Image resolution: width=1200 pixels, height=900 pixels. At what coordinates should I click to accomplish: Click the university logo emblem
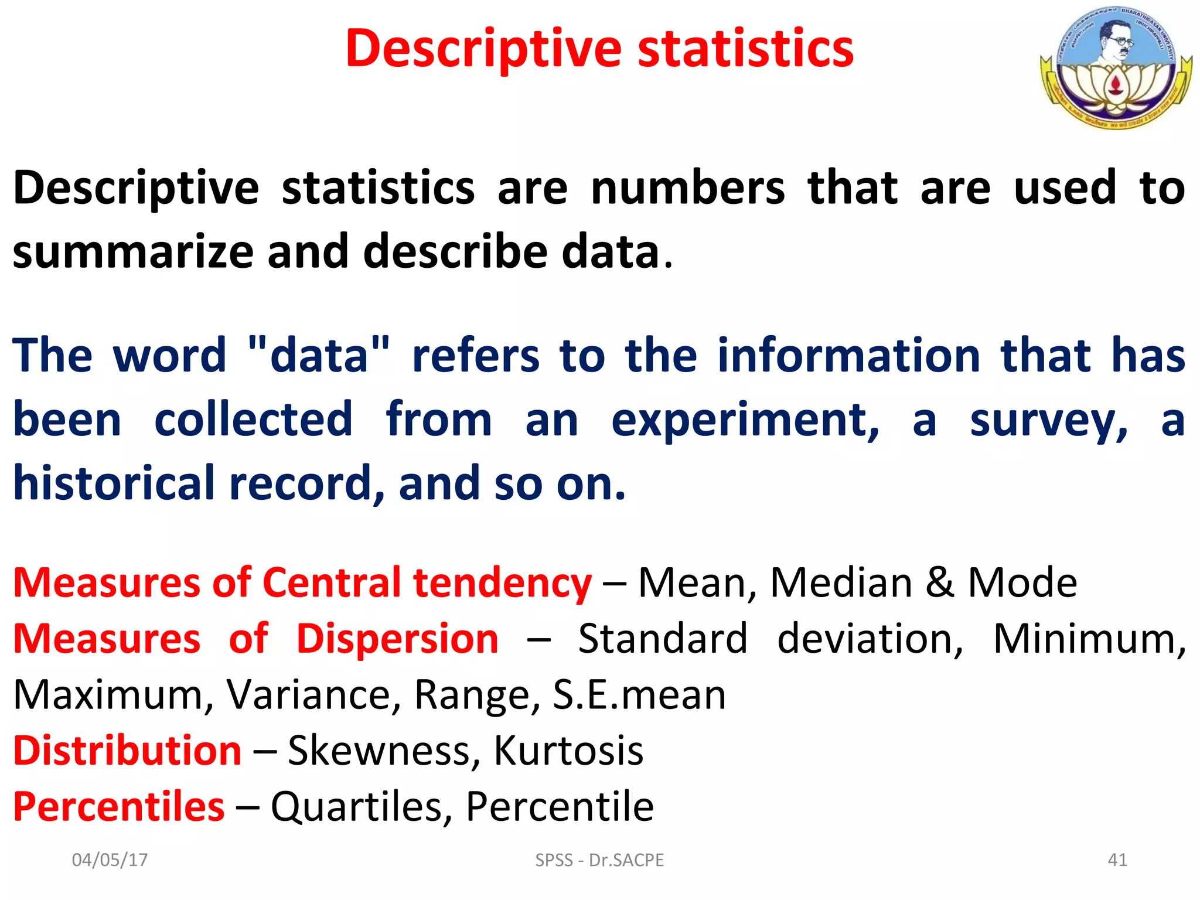[1116, 67]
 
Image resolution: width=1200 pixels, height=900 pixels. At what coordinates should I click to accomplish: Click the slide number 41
[1117, 860]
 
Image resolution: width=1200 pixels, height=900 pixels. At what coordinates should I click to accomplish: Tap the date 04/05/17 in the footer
[110, 860]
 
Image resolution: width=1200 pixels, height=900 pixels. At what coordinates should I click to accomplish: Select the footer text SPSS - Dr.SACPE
[599, 860]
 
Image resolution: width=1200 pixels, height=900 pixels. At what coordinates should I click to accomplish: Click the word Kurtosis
[568, 751]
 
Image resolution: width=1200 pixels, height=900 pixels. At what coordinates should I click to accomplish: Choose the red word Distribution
[127, 751]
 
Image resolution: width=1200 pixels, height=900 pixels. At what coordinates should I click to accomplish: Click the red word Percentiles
[119, 807]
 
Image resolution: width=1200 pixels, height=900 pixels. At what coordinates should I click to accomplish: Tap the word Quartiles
[357, 807]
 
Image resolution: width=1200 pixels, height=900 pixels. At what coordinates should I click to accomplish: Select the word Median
[841, 583]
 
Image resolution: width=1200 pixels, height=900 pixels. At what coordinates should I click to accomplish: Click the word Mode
[1022, 583]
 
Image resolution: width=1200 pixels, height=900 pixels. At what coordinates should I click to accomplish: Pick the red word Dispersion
[397, 639]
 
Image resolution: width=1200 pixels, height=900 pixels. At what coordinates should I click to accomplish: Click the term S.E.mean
[639, 695]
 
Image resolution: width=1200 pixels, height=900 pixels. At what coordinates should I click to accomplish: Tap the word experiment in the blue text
[745, 421]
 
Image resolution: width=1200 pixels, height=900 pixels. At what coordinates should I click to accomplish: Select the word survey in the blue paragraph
[1048, 421]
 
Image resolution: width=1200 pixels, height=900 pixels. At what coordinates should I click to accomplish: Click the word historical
[114, 483]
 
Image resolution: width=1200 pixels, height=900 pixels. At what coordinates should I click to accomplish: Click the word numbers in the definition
[688, 188]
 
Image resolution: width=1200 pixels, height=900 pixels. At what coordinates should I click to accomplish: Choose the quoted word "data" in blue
[319, 356]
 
